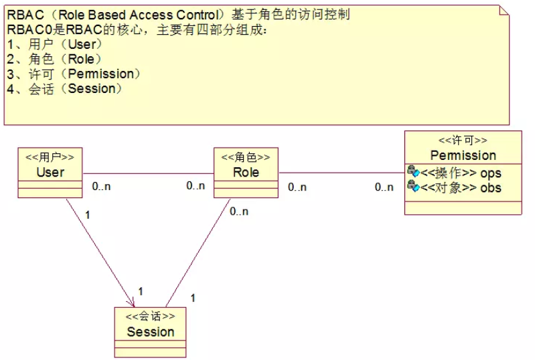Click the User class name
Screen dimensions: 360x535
click(x=50, y=172)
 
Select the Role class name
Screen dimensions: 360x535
click(x=246, y=172)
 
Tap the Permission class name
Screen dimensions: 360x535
click(x=463, y=155)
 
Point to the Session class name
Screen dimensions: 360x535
click(x=151, y=332)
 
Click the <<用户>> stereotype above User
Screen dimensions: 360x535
click(x=50, y=157)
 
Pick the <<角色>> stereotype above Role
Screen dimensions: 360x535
click(x=246, y=157)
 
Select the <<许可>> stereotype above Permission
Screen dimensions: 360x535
click(x=463, y=141)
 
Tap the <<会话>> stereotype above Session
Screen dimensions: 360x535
click(x=151, y=317)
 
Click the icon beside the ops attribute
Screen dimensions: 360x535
click(x=412, y=172)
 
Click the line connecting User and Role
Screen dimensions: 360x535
click(x=147, y=173)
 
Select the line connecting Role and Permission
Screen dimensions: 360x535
click(x=341, y=173)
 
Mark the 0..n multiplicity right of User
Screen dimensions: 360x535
click(x=101, y=186)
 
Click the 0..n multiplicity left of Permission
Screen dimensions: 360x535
click(x=384, y=187)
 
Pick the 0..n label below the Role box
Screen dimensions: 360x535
click(x=239, y=211)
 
